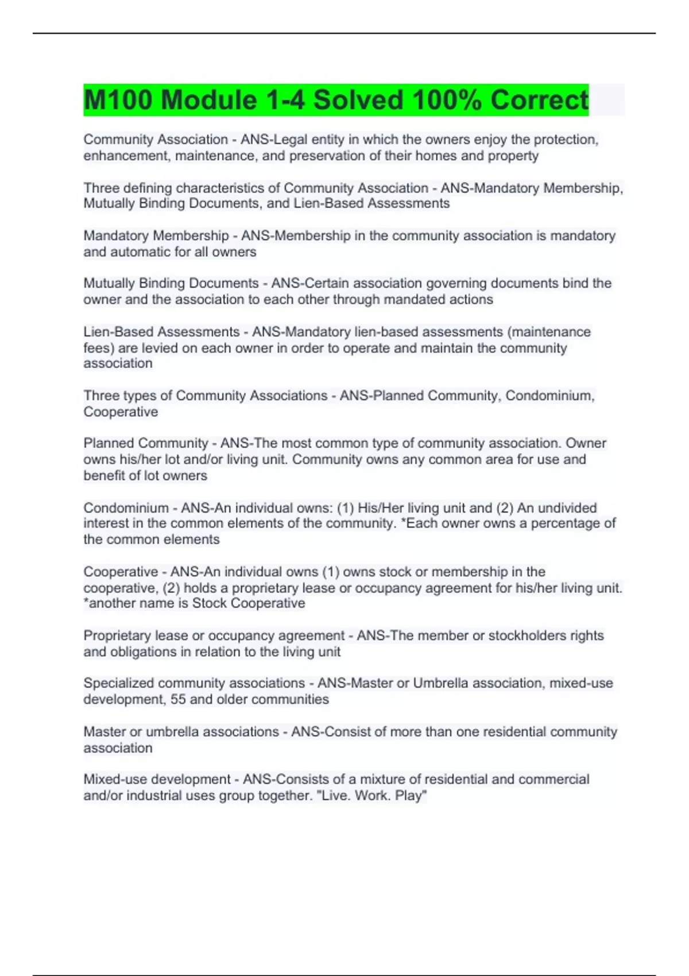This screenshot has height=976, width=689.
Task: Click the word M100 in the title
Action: coord(118,100)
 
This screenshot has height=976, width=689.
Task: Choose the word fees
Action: coord(95,348)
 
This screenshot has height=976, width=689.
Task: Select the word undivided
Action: coord(567,508)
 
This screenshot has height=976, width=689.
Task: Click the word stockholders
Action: coord(517,636)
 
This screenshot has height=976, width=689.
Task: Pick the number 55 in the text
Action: coord(178,700)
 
